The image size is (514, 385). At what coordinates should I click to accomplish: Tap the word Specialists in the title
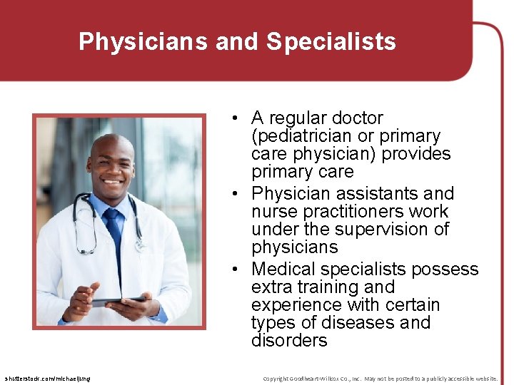click(331, 41)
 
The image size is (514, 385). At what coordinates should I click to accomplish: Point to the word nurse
click(273, 212)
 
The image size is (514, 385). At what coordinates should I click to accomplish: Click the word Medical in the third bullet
click(283, 269)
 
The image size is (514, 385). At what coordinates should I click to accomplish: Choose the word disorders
click(289, 341)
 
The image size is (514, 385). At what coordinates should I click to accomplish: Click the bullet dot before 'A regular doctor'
click(234, 118)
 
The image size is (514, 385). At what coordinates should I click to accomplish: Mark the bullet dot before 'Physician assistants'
click(234, 194)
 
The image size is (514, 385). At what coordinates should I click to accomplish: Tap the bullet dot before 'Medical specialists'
click(234, 269)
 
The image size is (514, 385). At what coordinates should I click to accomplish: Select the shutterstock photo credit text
click(47, 378)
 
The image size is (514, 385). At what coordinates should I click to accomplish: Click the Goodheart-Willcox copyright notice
click(380, 378)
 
